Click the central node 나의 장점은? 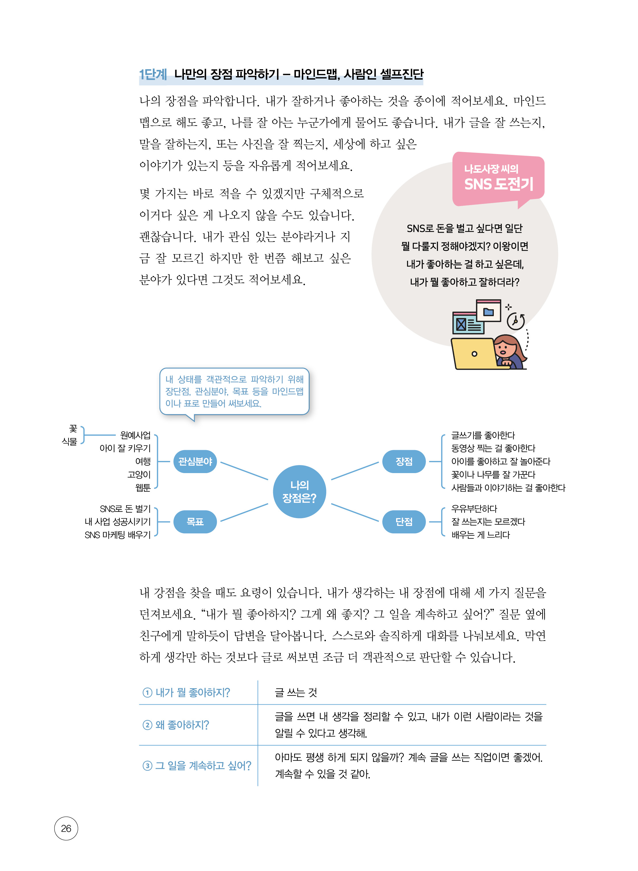pyautogui.click(x=299, y=491)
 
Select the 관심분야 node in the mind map pyautogui.click(x=195, y=461)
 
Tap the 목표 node pyautogui.click(x=195, y=522)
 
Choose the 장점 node pyautogui.click(x=404, y=461)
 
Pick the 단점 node pyautogui.click(x=404, y=522)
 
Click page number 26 pyautogui.click(x=66, y=828)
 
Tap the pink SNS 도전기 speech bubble pyautogui.click(x=498, y=179)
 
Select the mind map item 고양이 pyautogui.click(x=139, y=475)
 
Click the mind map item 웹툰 pyautogui.click(x=143, y=488)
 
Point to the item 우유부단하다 pyautogui.click(x=474, y=508)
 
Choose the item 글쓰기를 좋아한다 pyautogui.click(x=483, y=435)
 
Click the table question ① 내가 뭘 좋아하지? pyautogui.click(x=186, y=692)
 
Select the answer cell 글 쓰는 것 pyautogui.click(x=296, y=692)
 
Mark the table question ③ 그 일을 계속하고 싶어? pyautogui.click(x=197, y=765)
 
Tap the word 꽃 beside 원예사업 pyautogui.click(x=73, y=429)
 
